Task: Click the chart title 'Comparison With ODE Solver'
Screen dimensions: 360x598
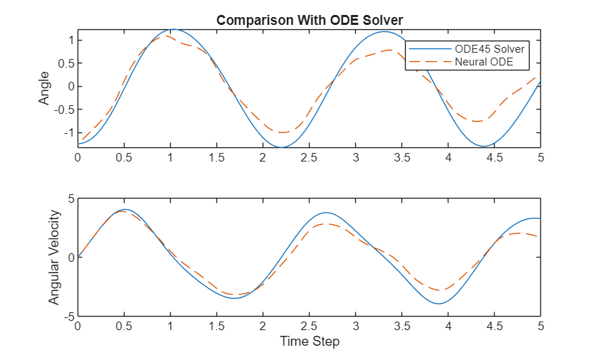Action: [310, 20]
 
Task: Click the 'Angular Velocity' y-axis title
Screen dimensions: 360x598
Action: [54, 257]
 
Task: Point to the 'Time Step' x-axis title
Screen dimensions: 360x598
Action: [310, 342]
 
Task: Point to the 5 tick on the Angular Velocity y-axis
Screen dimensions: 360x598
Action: [69, 198]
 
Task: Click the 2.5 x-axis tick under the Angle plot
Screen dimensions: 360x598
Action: [310, 157]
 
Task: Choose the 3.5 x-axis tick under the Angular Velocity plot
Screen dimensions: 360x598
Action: [402, 326]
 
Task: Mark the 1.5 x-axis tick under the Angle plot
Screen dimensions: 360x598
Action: [217, 157]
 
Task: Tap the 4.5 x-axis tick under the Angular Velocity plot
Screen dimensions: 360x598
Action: [495, 326]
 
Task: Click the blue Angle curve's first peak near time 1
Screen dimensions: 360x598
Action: [173, 30]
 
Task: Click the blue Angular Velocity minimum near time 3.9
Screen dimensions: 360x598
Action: [439, 304]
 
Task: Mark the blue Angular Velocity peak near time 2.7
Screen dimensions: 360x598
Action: [326, 213]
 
